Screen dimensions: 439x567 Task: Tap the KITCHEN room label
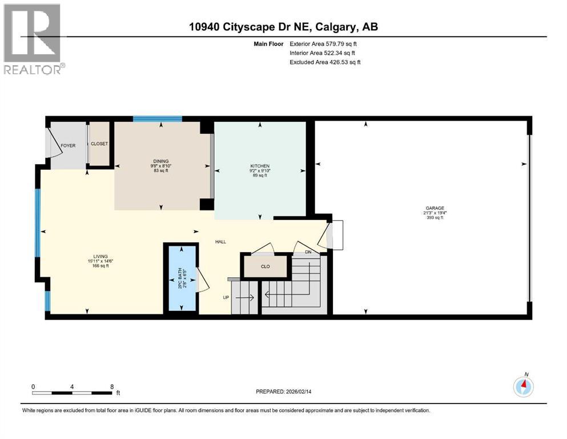(259, 166)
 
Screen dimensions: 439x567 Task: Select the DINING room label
(162, 161)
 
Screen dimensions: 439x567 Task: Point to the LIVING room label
(94, 256)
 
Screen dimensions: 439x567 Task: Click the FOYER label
(68, 146)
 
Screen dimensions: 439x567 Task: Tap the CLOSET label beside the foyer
(99, 143)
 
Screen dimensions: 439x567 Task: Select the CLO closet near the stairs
(265, 266)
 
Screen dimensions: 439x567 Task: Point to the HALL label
(220, 242)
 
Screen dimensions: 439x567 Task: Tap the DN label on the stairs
(308, 252)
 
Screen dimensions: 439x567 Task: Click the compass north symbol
(523, 386)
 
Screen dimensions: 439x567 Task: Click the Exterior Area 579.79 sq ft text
(325, 43)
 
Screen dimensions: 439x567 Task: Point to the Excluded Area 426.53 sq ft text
(325, 62)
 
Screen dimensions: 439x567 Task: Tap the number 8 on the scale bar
(111, 386)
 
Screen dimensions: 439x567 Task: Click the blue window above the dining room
(158, 119)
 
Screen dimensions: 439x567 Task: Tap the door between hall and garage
(334, 235)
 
